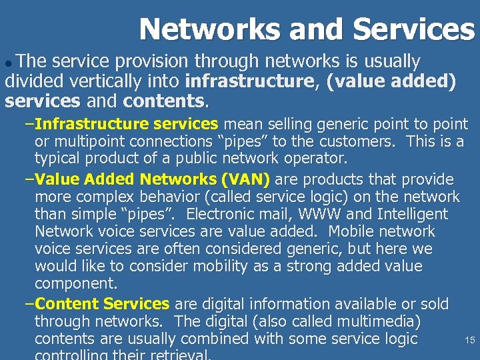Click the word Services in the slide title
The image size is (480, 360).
(x=413, y=29)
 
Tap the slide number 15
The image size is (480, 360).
(x=469, y=340)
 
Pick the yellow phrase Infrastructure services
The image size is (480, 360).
(x=126, y=124)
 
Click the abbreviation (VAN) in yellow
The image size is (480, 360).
(x=245, y=180)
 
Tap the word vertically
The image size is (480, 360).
(x=93, y=83)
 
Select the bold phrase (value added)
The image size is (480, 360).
(x=391, y=83)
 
